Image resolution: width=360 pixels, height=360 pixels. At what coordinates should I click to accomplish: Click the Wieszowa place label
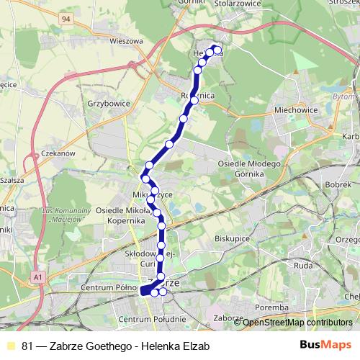tap(124, 41)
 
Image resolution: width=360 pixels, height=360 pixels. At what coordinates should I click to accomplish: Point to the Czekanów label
tap(58, 153)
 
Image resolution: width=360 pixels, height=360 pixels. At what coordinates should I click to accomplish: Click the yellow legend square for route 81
tap(10, 345)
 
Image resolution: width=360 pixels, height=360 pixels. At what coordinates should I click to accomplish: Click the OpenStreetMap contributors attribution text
tap(297, 323)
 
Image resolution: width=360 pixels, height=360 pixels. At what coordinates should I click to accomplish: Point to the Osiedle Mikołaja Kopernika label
tap(127, 215)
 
